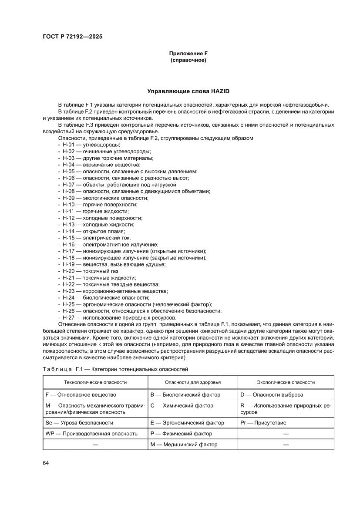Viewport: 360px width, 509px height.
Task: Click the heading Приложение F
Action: point(188,53)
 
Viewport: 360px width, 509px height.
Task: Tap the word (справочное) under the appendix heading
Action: point(188,60)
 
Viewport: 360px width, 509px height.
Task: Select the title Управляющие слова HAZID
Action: point(188,91)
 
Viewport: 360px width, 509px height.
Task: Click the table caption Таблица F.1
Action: point(115,369)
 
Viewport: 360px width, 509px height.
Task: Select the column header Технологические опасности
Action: point(95,382)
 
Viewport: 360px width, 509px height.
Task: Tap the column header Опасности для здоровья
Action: point(192,382)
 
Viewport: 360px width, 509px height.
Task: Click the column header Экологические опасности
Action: point(286,382)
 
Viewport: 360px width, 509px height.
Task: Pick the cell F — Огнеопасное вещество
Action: point(81,395)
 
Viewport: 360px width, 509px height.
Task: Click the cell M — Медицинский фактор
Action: point(184,445)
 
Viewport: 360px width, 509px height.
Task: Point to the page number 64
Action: point(46,462)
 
